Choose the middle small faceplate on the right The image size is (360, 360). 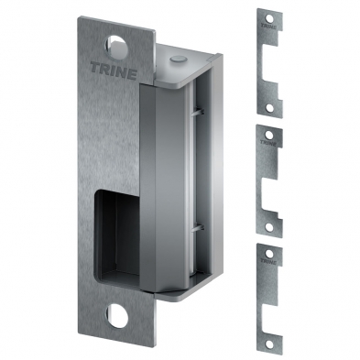coord(267,178)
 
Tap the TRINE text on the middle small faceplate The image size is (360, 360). coord(267,143)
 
